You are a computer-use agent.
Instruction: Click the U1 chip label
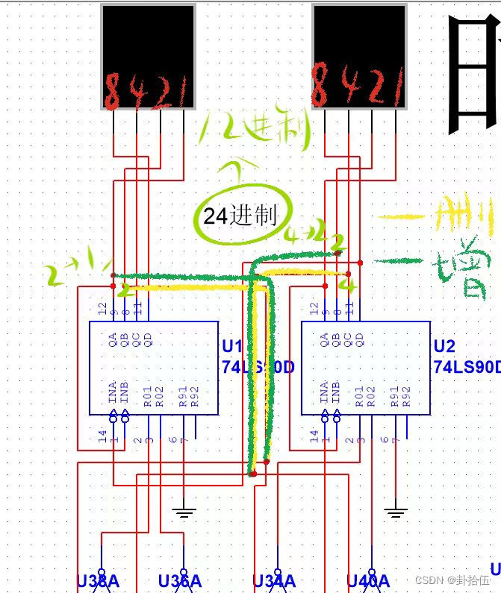(232, 347)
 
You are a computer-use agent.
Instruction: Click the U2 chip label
(444, 347)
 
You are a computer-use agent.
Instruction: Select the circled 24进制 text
(240, 216)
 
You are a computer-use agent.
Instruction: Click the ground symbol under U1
(184, 512)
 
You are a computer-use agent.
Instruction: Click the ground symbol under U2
(396, 512)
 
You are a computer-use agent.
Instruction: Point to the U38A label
(98, 581)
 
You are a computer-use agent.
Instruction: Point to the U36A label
(179, 581)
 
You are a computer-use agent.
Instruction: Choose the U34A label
(273, 581)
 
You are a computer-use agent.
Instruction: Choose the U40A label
(368, 581)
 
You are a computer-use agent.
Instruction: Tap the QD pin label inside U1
(148, 340)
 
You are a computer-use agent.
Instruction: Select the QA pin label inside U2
(325, 340)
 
